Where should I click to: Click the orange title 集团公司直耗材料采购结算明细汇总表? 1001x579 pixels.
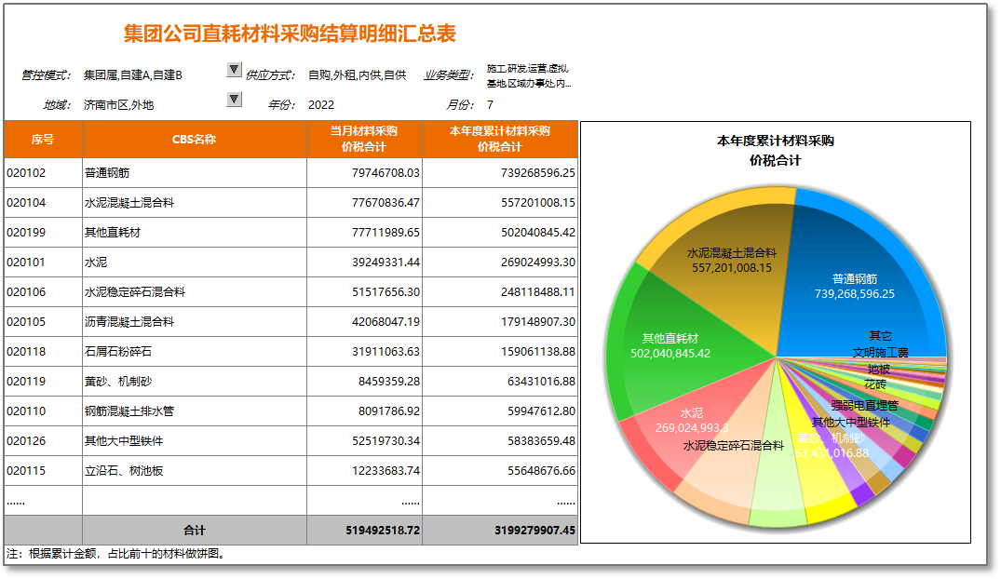(x=290, y=34)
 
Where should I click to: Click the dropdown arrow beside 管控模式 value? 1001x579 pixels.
(x=234, y=70)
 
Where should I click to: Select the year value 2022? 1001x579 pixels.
(x=321, y=105)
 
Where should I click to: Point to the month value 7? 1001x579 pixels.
(x=490, y=105)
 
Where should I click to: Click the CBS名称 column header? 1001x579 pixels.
(x=195, y=140)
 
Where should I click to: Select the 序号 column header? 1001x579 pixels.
(x=43, y=140)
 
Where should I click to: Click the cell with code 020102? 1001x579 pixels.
(x=26, y=173)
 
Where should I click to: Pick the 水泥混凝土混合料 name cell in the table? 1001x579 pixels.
(x=129, y=203)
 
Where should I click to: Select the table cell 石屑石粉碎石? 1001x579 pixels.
(x=118, y=352)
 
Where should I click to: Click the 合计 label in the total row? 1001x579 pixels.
(x=194, y=531)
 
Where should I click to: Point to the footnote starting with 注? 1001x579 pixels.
(x=115, y=554)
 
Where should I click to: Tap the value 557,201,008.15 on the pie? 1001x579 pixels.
(x=732, y=268)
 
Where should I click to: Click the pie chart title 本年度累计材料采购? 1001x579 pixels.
(x=775, y=141)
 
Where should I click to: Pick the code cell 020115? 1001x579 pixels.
(x=26, y=471)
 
